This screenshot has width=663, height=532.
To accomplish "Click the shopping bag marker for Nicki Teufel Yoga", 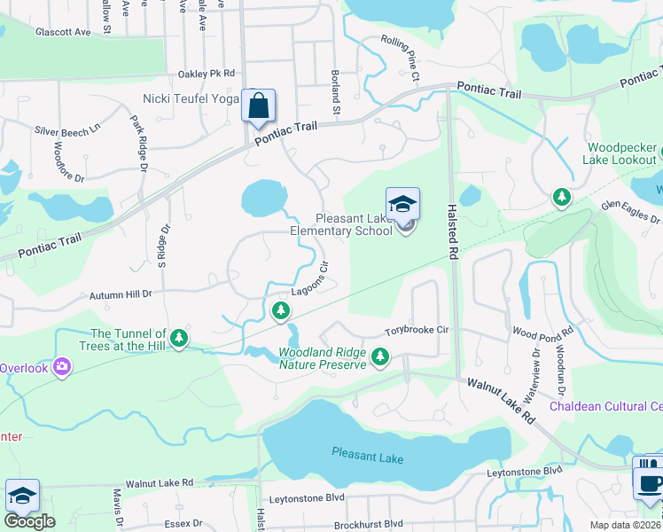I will tap(258, 106).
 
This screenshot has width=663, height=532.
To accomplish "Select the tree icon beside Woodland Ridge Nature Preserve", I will tap(380, 356).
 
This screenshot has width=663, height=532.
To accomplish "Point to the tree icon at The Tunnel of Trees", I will tap(179, 337).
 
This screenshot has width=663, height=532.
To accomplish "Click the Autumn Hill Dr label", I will tap(121, 293).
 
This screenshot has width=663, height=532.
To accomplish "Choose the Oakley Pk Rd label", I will tap(207, 74).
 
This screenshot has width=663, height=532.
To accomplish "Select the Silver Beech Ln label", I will tap(68, 130).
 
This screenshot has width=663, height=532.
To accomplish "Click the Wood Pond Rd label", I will tap(543, 332).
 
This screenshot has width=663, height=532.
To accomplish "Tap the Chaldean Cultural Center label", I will tap(606, 407).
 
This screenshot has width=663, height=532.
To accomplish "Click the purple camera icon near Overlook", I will tap(61, 365).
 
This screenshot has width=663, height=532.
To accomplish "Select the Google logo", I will tap(29, 521).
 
